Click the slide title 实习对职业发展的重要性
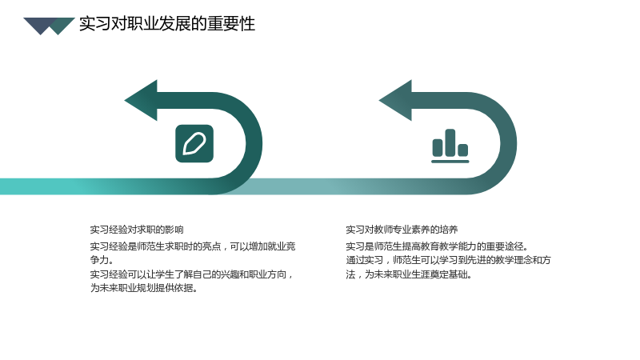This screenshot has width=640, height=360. (x=167, y=24)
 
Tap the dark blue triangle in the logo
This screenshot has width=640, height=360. (x=38, y=25)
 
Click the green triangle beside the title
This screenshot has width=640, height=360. (x=62, y=25)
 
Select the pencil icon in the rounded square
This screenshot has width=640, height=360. (x=194, y=144)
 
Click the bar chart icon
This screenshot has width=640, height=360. (x=450, y=146)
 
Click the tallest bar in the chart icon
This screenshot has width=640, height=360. (x=450, y=142)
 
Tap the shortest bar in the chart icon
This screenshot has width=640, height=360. (x=463, y=150)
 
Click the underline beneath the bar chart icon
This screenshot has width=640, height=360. (x=450, y=162)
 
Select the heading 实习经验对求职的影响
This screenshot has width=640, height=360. (x=137, y=230)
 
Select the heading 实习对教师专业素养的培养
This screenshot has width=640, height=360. (x=402, y=230)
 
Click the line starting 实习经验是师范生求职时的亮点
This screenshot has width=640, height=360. (x=193, y=246)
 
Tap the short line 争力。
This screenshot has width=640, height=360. (x=102, y=260)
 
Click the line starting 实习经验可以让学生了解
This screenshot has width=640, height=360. (x=192, y=274)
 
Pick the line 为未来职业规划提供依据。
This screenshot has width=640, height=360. (x=144, y=288)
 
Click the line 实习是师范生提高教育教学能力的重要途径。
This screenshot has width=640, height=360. (x=437, y=246)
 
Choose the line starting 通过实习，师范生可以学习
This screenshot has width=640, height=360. (x=448, y=260)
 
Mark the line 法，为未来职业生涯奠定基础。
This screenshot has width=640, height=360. (x=409, y=274)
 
